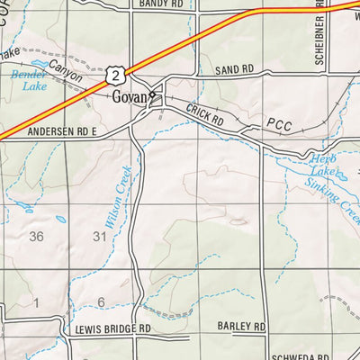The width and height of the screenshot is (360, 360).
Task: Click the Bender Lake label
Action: click(28, 82)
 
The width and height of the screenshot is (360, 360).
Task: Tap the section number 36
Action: click(36, 237)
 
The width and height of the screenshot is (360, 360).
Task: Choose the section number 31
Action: click(99, 237)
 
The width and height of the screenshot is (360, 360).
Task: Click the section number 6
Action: click(102, 301)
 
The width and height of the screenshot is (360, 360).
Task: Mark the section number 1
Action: click(37, 302)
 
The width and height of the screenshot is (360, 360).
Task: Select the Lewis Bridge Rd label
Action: click(112, 329)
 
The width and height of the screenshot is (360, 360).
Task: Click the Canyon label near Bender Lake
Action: click(64, 81)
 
